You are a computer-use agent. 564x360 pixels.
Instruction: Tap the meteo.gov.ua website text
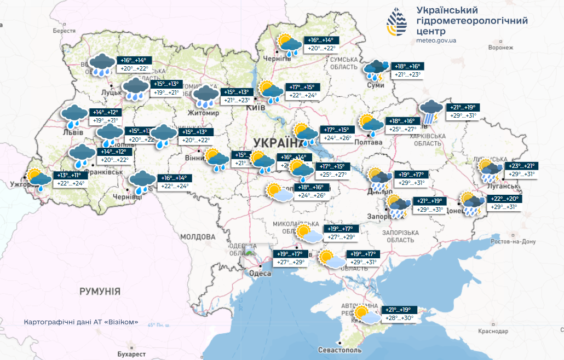436,40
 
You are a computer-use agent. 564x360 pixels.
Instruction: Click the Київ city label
256,108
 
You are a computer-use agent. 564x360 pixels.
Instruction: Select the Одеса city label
260,273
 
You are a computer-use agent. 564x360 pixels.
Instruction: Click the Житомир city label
203,113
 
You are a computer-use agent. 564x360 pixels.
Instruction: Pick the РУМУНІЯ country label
100,291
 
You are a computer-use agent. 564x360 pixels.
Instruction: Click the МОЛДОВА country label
198,237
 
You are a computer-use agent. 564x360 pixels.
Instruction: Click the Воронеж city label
502,48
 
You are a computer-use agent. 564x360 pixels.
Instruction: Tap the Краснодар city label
492,332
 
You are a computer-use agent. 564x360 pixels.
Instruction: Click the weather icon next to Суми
377,69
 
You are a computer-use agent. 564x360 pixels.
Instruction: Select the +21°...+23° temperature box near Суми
407,74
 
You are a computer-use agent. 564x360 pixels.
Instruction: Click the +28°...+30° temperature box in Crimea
399,318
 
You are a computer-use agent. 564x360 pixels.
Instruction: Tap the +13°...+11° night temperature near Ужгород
68,175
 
